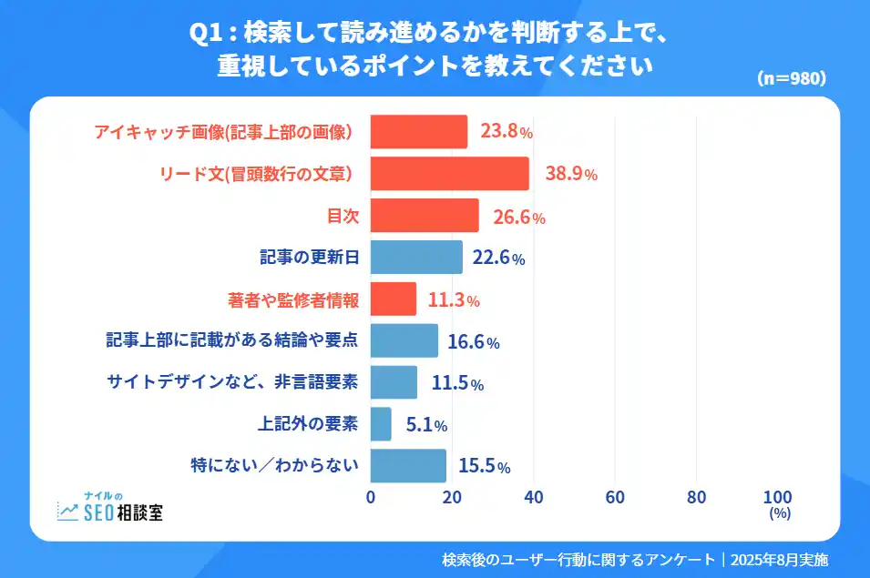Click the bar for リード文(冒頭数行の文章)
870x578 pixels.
pos(449,174)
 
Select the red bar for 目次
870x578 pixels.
pos(425,216)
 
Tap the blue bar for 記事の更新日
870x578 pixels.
pos(416,258)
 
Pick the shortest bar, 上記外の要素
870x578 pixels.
pos(381,424)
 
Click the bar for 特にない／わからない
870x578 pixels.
pos(408,466)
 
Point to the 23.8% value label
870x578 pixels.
pos(507,132)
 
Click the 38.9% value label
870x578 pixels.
pos(571,174)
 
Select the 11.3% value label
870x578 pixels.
pos(453,299)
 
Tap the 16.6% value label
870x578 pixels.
pos(474,342)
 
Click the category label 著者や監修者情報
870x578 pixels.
pos(293,299)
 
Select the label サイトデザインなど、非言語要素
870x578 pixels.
pos(232,382)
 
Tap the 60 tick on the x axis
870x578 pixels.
pos(615,497)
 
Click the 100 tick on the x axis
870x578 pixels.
pos(777,497)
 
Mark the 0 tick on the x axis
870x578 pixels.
pos(371,497)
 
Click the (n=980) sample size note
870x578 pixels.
pos(792,78)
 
